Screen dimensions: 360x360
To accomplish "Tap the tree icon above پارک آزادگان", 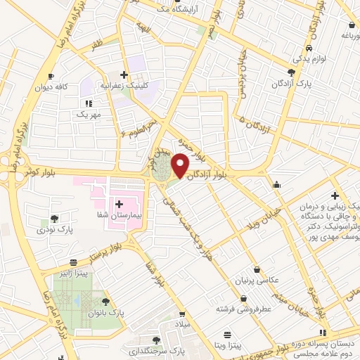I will pyautogui.click(x=292, y=72).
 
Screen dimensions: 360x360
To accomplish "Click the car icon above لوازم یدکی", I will pyautogui.click(x=309, y=48).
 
